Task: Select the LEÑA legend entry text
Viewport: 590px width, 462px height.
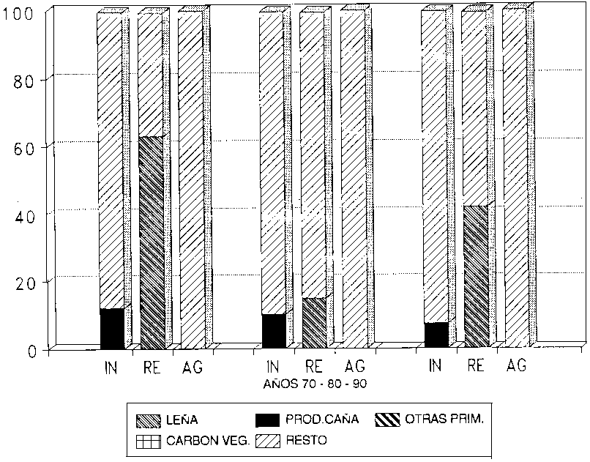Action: click(182, 420)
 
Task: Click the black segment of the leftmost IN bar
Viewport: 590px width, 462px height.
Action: click(111, 329)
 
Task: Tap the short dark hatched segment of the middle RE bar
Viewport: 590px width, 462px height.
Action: click(313, 322)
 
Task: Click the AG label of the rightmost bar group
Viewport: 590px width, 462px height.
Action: click(516, 365)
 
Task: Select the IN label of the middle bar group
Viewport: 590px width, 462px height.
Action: click(273, 365)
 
